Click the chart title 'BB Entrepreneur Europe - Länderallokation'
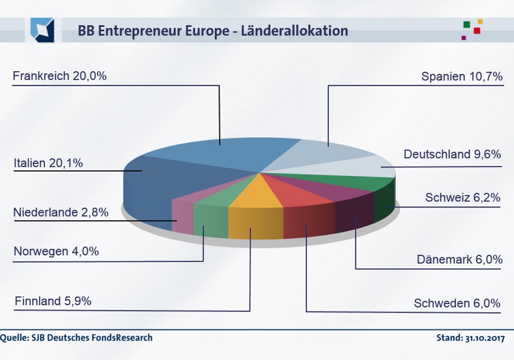click(x=213, y=31)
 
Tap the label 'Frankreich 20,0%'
click(x=59, y=76)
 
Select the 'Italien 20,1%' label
click(x=48, y=163)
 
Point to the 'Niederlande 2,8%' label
click(x=60, y=212)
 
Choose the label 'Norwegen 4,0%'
click(x=56, y=251)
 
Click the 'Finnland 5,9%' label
click(x=53, y=301)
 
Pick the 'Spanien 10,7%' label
click(x=462, y=77)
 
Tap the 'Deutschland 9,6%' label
click(x=452, y=155)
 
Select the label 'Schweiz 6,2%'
click(x=463, y=198)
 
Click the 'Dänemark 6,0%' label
click(x=460, y=259)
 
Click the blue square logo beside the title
click(x=42, y=30)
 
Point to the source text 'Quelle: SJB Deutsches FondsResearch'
click(x=77, y=338)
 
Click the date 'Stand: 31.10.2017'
click(x=470, y=338)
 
